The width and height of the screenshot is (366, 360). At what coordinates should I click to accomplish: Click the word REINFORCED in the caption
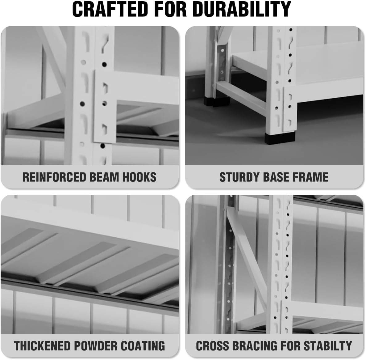[54, 177]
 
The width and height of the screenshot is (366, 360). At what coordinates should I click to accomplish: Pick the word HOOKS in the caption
[139, 177]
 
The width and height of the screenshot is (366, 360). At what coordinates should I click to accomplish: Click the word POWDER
[95, 346]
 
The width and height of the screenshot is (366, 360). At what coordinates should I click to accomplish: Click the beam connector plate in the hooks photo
[105, 107]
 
